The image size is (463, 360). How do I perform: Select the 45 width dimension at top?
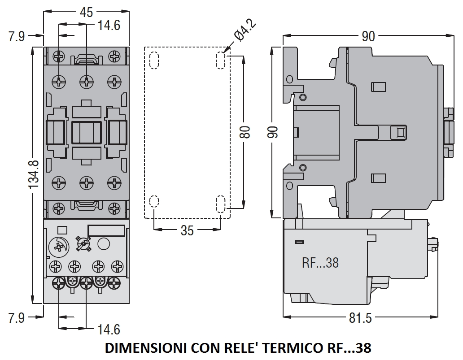click(86, 13)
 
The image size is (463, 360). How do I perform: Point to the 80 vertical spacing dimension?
click(245, 132)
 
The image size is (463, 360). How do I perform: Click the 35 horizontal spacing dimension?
click(187, 230)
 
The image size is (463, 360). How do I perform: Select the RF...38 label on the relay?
click(320, 262)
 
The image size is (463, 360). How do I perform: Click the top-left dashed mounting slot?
click(153, 60)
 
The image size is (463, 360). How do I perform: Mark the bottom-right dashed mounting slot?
click(221, 204)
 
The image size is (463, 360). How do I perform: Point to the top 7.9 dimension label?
click(17, 36)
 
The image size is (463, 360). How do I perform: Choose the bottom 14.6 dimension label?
click(109, 330)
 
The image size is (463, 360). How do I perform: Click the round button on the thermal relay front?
click(104, 244)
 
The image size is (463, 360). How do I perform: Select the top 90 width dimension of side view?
click(368, 36)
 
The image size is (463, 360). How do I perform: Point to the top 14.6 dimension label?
click(109, 25)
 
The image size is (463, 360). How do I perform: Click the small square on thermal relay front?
click(62, 230)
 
